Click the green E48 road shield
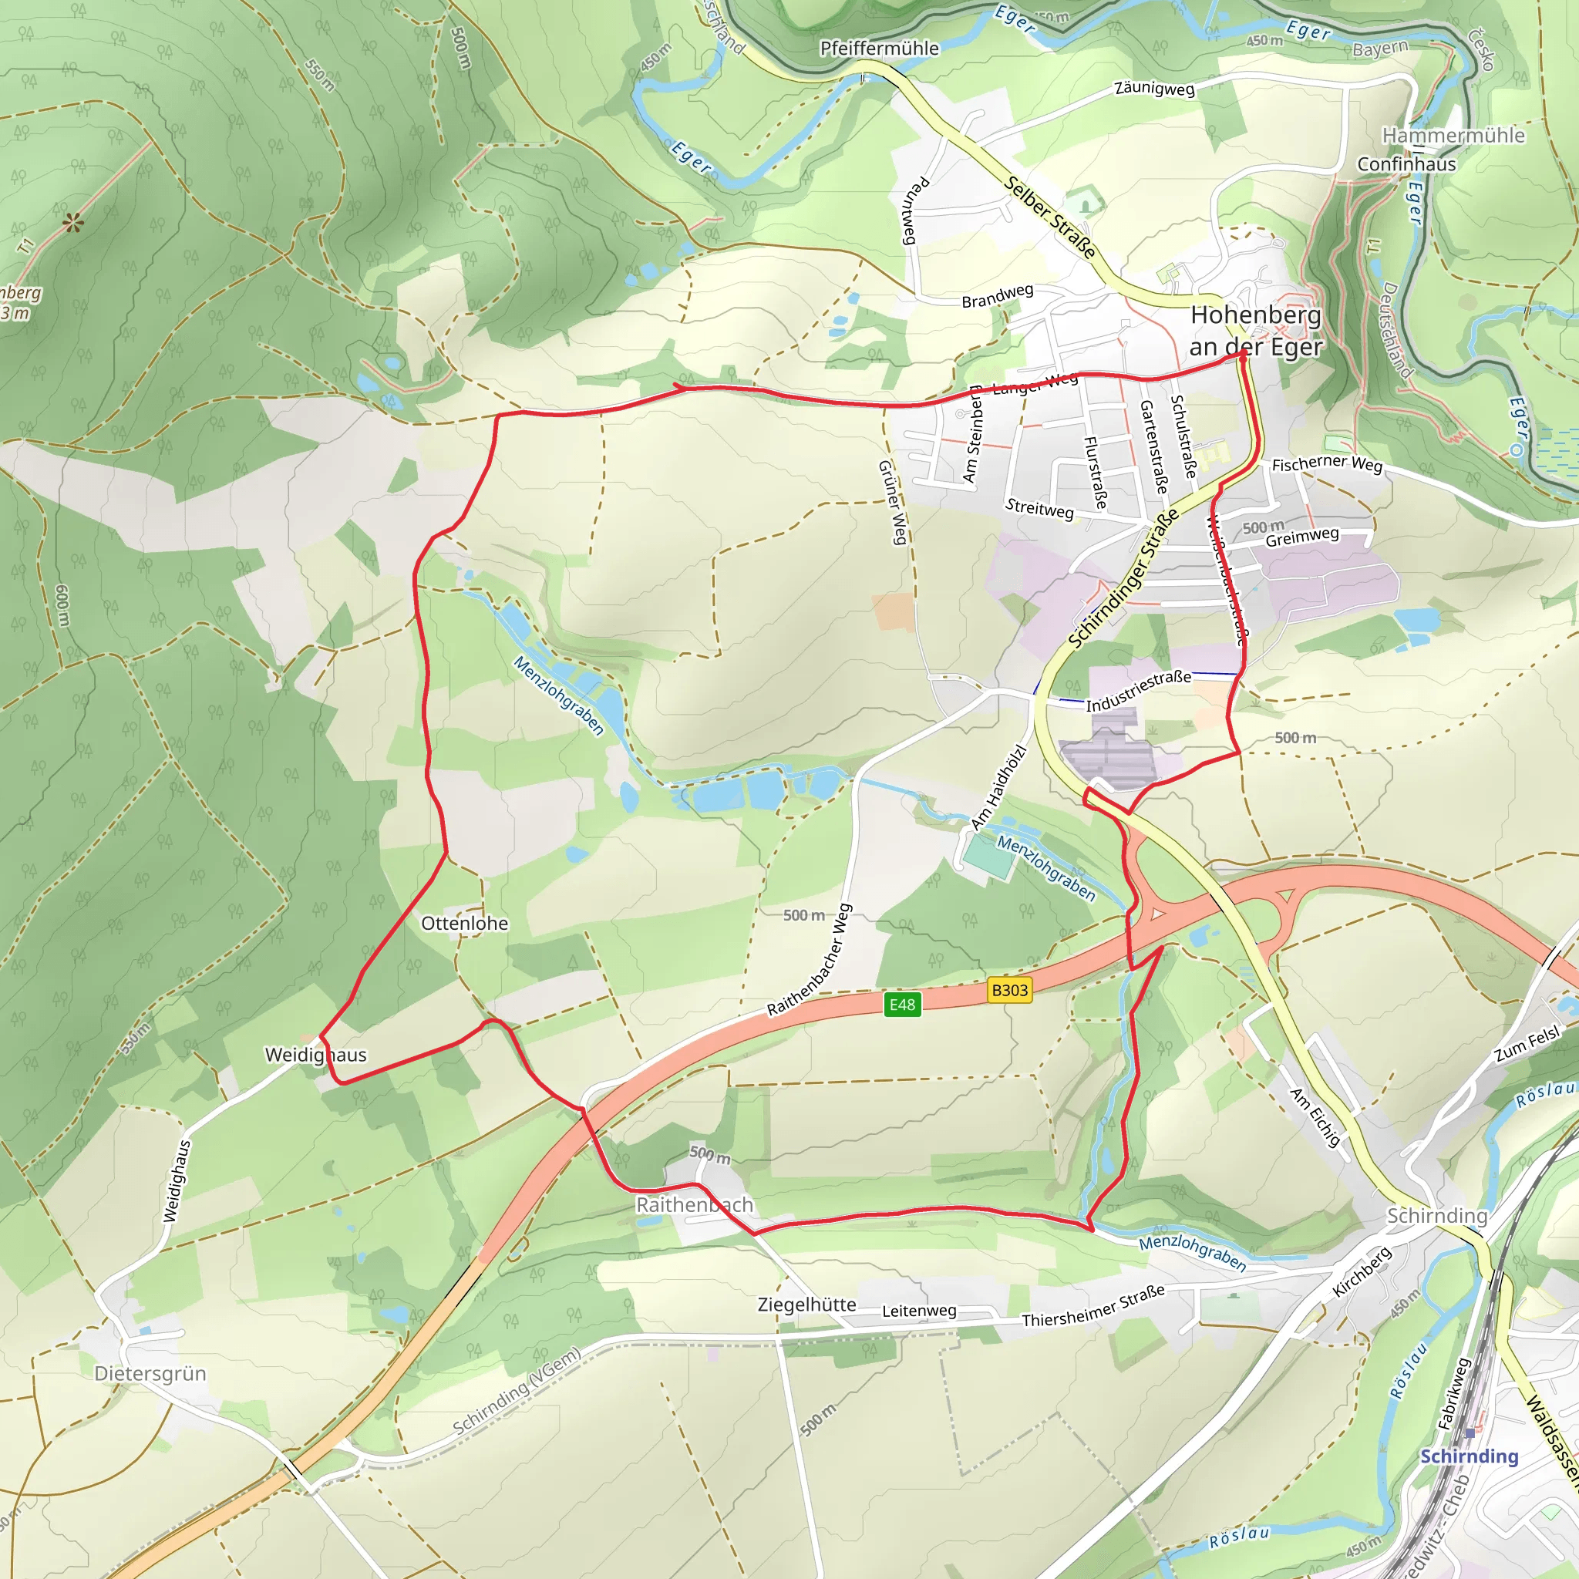coord(902,1005)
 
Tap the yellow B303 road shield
coord(1009,991)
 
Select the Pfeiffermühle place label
coord(880,49)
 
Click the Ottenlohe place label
coord(464,924)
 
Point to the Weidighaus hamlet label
coord(315,1055)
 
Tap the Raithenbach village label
coord(695,1205)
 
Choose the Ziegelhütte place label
coord(806,1305)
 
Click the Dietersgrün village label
coord(150,1373)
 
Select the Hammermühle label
coord(1453,136)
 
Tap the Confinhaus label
coord(1406,164)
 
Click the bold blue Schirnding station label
coord(1469,1456)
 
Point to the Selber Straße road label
coord(1050,217)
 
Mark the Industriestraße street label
coord(1138,692)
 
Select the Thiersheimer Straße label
coord(1093,1306)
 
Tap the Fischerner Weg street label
coord(1326,464)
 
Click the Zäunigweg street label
coord(1154,88)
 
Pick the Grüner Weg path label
coord(893,502)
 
